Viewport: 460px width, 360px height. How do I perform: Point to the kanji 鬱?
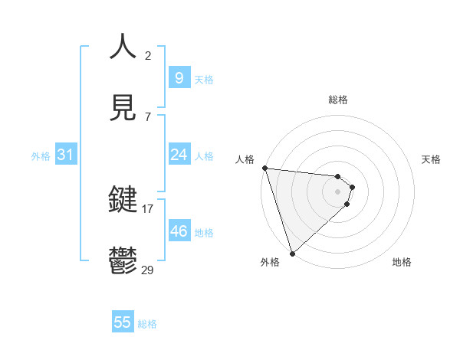123,260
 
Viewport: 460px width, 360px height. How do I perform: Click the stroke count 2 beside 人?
148,56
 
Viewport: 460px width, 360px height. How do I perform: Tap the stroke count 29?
148,269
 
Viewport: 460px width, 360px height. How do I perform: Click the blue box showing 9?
179,78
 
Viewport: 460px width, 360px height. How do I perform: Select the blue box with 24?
179,155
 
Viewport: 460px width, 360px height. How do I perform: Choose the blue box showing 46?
179,231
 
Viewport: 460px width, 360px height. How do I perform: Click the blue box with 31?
65,155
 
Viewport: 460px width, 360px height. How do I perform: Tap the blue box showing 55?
123,322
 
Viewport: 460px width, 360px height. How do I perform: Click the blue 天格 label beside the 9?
204,80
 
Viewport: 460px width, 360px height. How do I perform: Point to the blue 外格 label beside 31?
41,156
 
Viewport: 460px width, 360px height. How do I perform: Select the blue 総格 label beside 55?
147,324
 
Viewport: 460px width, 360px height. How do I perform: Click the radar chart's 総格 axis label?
338,100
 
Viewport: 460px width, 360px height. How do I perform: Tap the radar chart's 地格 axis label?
402,262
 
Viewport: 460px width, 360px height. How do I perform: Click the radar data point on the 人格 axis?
264,168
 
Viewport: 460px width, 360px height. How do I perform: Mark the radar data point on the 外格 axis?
292,252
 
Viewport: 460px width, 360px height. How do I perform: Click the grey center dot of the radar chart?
338,191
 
